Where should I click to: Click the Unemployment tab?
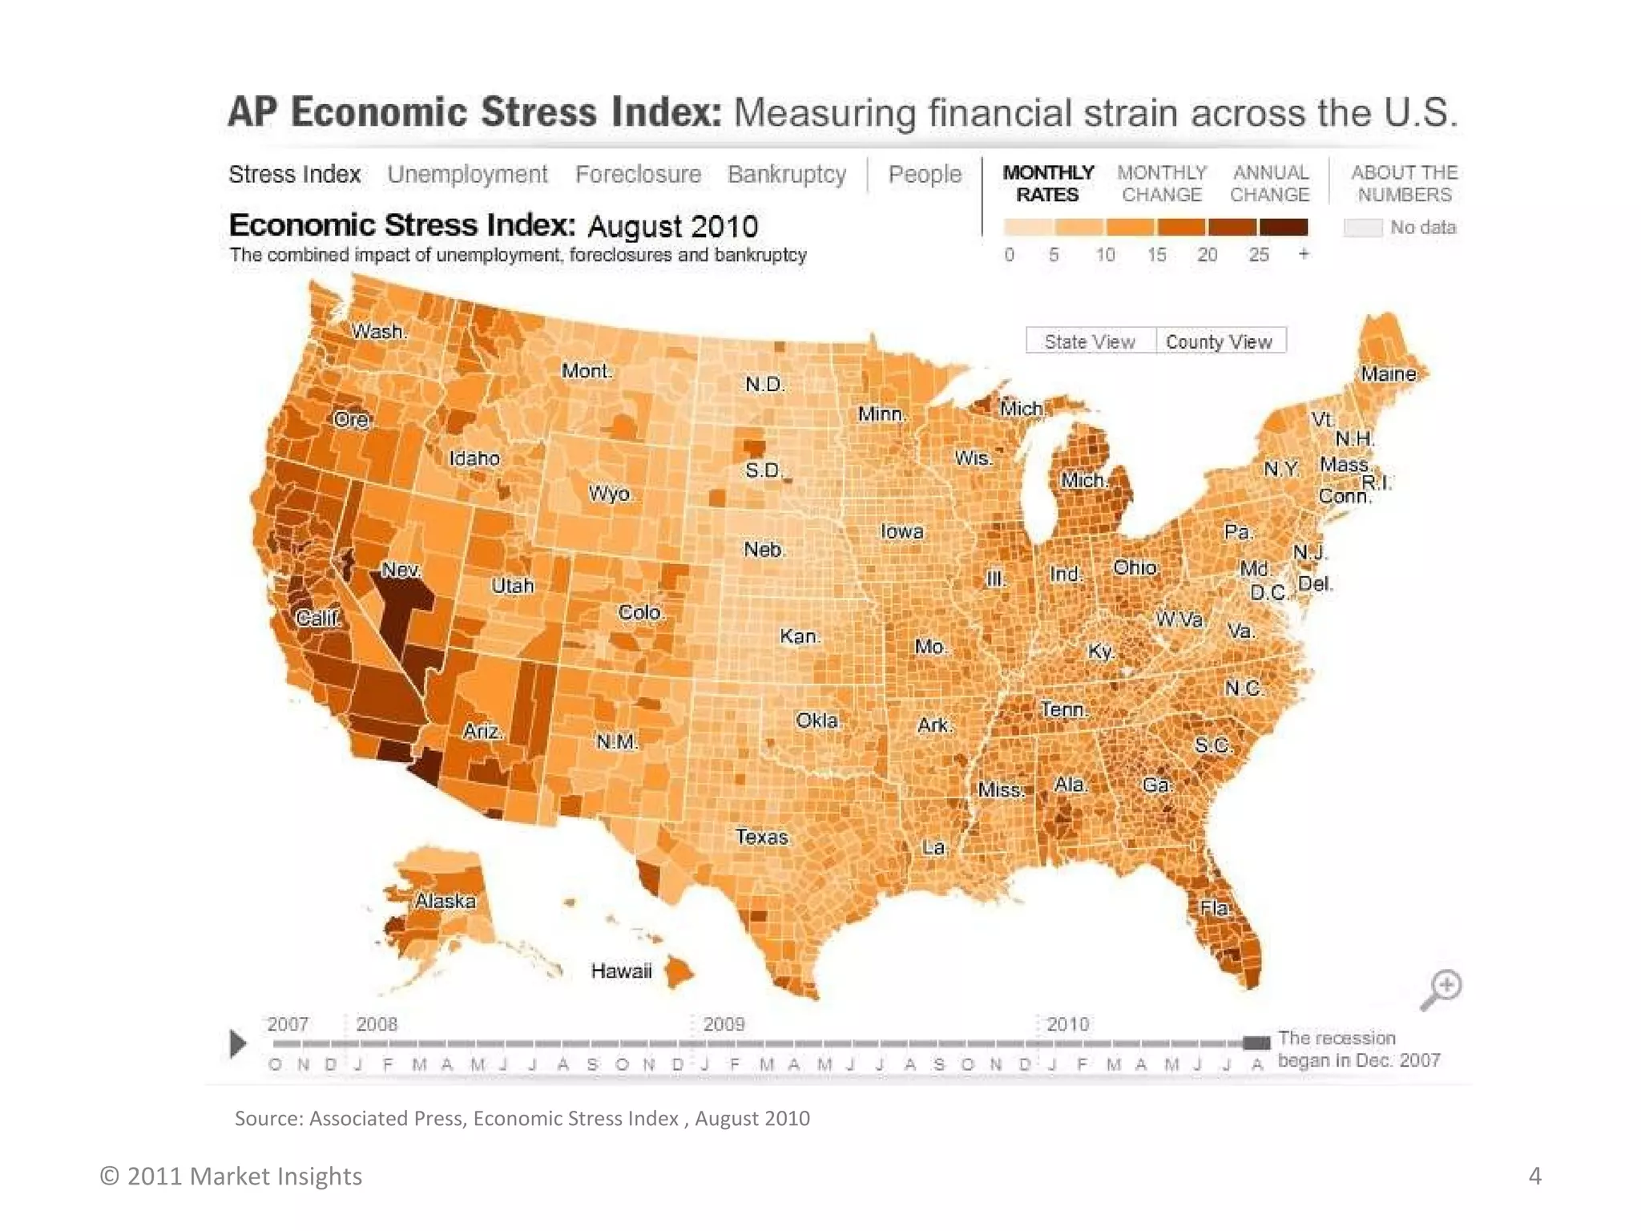click(467, 174)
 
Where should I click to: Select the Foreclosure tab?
click(638, 174)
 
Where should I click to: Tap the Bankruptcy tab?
click(786, 174)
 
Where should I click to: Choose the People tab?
click(925, 174)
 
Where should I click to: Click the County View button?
click(1219, 341)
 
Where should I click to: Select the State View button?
click(1090, 341)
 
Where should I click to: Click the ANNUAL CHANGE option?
click(1270, 184)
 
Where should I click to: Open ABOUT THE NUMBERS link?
click(1404, 184)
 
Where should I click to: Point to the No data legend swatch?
click(1363, 228)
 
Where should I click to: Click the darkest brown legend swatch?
click(1283, 228)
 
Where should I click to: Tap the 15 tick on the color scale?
click(1156, 255)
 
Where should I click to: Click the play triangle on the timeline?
click(238, 1043)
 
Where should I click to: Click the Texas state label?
click(762, 837)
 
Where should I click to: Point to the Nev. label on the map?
click(401, 570)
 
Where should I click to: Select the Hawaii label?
click(621, 971)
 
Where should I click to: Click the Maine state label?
click(1389, 374)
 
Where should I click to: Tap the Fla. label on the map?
click(1215, 908)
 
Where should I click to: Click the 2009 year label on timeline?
click(724, 1024)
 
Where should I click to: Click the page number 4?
click(1534, 1176)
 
